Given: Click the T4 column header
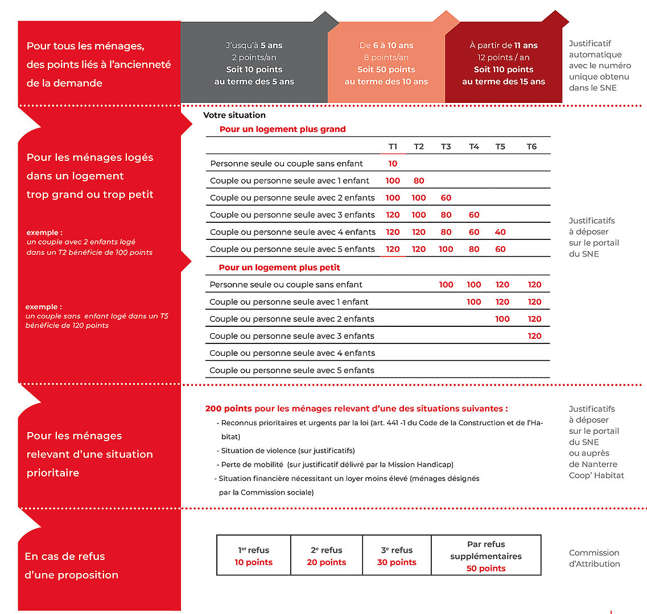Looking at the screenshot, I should tap(473, 147).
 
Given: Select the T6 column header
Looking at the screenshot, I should tap(531, 147).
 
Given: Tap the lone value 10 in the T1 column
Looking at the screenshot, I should tap(393, 164).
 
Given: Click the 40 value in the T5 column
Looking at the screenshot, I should tap(500, 232).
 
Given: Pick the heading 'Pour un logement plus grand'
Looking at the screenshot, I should tap(282, 129).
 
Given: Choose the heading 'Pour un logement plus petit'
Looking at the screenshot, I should tap(279, 267).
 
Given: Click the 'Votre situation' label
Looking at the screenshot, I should tap(234, 115).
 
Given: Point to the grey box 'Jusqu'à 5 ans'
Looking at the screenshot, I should tap(254, 45).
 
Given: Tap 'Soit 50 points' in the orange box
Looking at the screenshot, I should tap(386, 69).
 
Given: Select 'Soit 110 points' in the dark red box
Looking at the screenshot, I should tap(504, 69).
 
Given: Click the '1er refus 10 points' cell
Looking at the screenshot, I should tap(254, 556).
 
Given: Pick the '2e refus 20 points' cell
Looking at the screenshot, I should tap(327, 556).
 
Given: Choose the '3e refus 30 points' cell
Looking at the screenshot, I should tap(397, 556).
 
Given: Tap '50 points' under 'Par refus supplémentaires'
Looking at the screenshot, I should tap(486, 569).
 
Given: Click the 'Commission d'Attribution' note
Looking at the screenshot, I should tap(594, 558).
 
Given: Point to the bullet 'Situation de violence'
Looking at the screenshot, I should tap(288, 450).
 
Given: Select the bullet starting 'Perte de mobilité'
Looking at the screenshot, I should tap(337, 464).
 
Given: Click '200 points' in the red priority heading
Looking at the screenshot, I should tap(220, 408).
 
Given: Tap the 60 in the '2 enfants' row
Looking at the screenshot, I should tap(446, 198).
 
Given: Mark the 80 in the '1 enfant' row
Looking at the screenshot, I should tap(419, 181).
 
